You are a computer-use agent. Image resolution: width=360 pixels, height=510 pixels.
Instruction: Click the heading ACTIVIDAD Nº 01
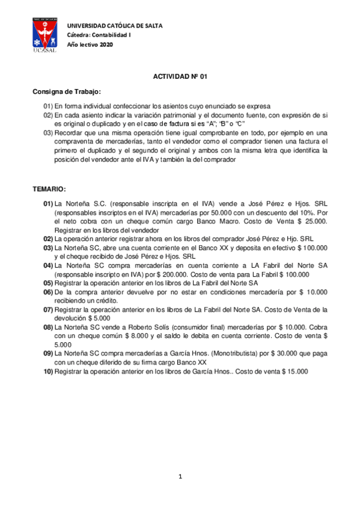tap(180, 78)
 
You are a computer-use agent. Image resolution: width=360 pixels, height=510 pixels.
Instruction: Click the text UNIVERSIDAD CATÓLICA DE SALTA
tap(114, 26)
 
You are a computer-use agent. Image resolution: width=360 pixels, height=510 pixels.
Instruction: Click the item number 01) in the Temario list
tap(47, 204)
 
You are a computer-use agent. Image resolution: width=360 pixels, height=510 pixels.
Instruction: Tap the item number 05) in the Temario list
tap(47, 282)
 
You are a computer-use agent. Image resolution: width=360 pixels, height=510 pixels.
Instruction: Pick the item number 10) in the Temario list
tap(47, 372)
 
